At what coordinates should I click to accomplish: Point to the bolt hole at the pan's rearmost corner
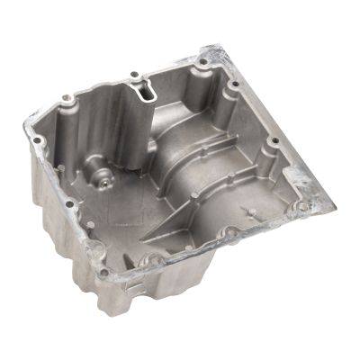point(203,62)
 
